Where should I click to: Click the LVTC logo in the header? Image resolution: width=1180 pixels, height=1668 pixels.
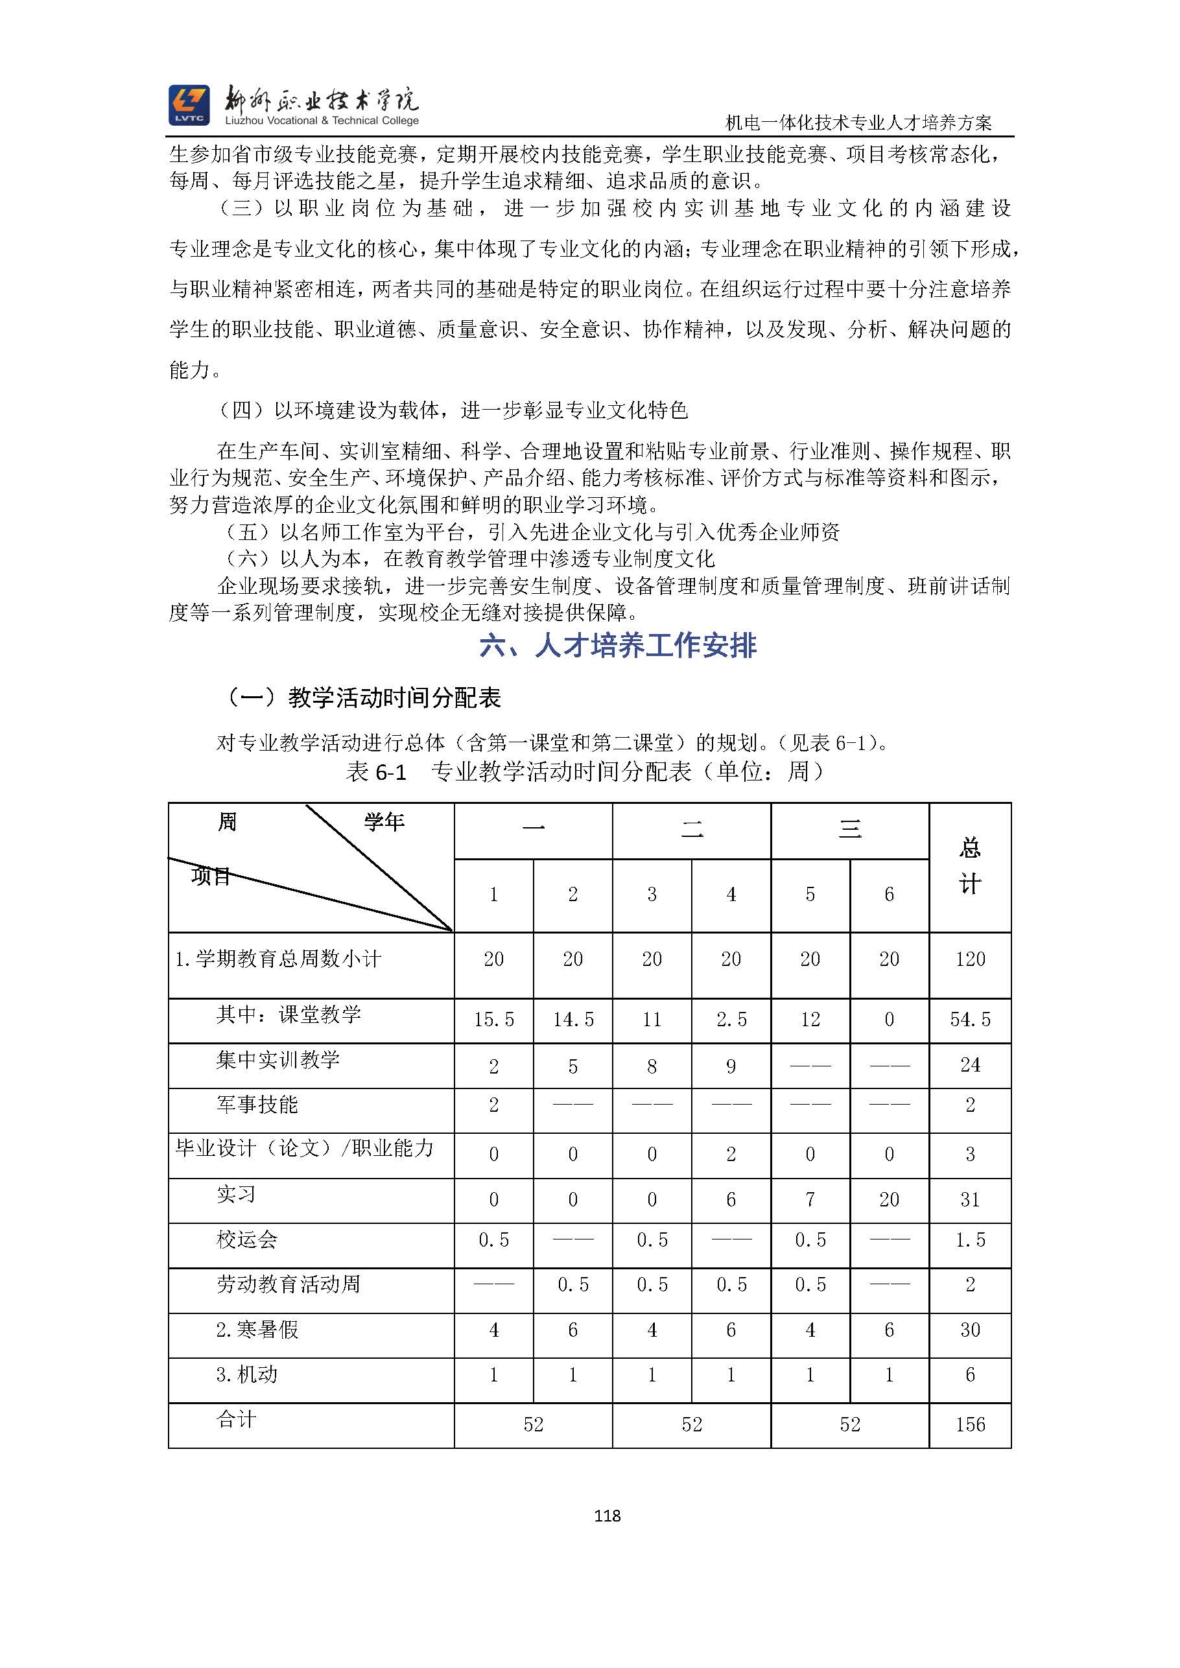pos(189,105)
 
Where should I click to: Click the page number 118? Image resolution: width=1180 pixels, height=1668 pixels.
pos(607,1516)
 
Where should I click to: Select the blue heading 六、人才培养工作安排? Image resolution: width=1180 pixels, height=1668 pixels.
pos(618,646)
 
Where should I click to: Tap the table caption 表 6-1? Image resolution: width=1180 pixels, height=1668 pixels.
pos(375,771)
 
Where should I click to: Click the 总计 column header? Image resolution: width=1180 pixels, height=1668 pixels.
pos(970,866)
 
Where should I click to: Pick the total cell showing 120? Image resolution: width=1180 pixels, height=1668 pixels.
pos(970,959)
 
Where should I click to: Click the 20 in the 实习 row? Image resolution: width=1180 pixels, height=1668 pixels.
pos(889,1199)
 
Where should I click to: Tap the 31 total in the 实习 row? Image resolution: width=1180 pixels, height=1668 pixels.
pos(970,1199)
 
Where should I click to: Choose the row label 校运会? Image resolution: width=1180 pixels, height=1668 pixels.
pos(247,1239)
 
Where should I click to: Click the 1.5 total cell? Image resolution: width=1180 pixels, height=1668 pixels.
pos(970,1240)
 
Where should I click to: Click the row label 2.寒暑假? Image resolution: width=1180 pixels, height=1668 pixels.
pos(257,1330)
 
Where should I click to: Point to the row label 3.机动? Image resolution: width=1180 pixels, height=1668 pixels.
pos(247,1374)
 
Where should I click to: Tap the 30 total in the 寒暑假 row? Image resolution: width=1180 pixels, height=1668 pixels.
pos(970,1330)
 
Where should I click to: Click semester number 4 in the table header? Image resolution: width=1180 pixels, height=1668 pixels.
pos(731,895)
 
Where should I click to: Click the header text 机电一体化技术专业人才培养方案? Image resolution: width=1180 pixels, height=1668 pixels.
pos(859,123)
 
